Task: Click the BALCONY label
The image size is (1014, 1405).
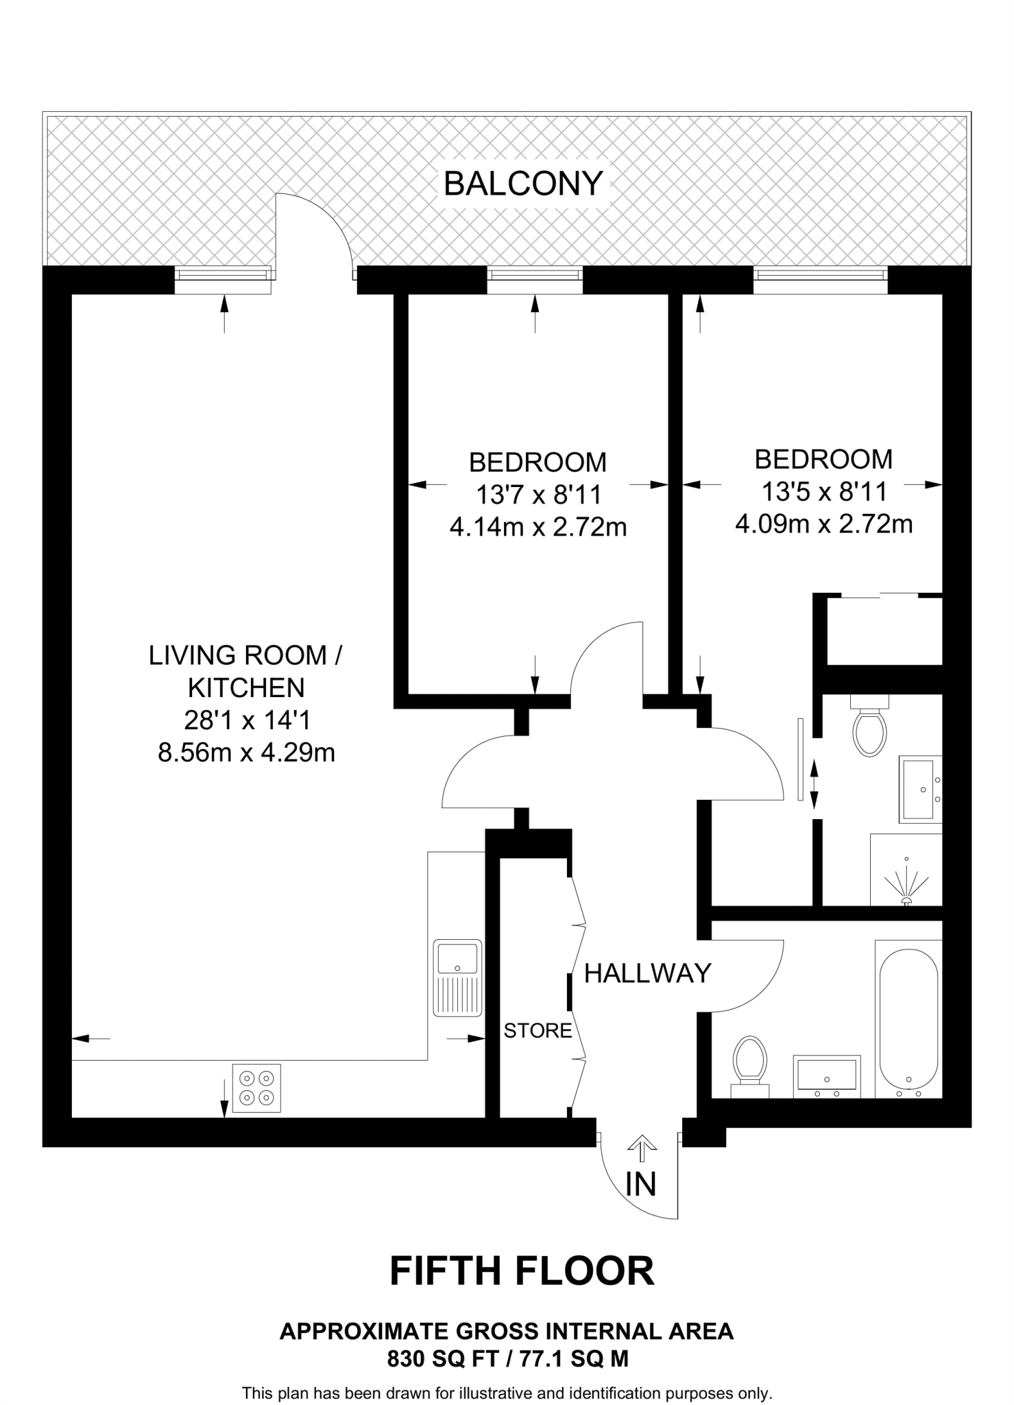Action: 523,184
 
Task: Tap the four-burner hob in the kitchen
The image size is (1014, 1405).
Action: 256,1088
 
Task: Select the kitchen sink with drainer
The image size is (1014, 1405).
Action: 457,978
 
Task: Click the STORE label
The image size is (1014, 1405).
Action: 538,1030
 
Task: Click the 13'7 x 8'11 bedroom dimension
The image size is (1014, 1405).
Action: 538,494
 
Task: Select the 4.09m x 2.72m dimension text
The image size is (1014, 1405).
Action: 823,525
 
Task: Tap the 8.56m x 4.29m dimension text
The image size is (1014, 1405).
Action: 246,753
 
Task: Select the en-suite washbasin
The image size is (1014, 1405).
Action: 920,790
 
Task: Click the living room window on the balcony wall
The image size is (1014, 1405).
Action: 223,274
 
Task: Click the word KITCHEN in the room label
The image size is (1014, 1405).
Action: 246,687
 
